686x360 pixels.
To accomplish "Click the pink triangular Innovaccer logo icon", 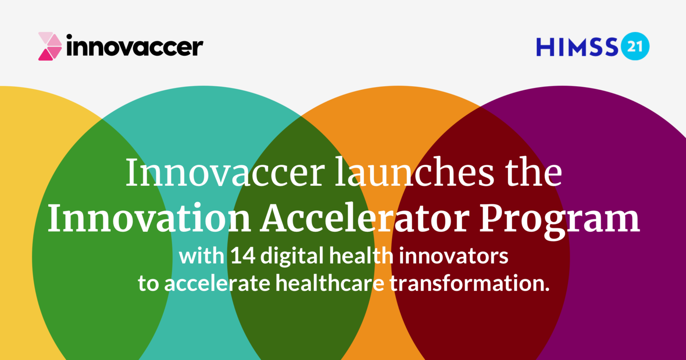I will point(50,46).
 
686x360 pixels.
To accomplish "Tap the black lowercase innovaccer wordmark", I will point(134,46).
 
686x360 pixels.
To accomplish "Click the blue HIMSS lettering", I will point(577,47).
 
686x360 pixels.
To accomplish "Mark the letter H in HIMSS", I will point(544,47).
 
